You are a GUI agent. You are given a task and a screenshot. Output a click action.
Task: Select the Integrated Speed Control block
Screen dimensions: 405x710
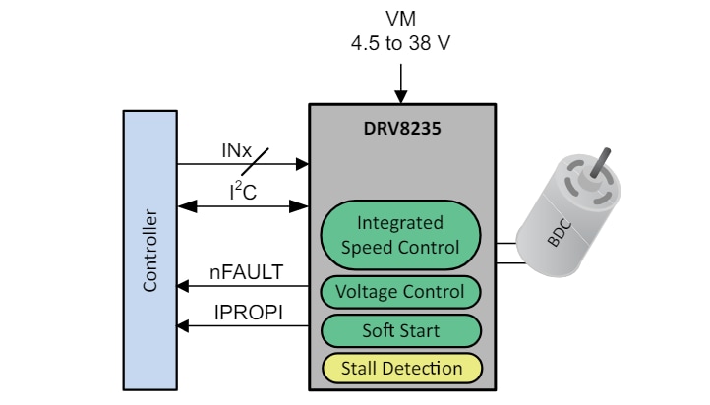click(400, 235)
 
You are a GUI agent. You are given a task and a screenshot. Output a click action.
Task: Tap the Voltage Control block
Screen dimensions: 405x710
click(400, 292)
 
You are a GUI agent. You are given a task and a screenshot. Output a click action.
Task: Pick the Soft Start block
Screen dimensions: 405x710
click(400, 330)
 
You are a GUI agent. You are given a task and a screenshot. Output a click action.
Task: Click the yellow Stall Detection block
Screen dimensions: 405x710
click(400, 369)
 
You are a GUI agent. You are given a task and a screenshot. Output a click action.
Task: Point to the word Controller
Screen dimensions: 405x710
click(150, 250)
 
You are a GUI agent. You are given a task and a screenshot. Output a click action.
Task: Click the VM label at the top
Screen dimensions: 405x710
click(401, 20)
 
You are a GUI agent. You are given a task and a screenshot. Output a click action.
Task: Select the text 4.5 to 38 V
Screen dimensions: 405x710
click(401, 44)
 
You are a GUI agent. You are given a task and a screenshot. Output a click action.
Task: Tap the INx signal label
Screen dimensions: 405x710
click(236, 152)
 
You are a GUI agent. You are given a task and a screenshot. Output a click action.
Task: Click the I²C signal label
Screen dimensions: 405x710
click(242, 193)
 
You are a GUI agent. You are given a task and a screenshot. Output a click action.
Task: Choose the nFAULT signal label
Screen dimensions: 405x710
click(244, 272)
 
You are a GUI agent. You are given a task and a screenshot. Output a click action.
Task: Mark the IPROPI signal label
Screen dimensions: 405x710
click(244, 313)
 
